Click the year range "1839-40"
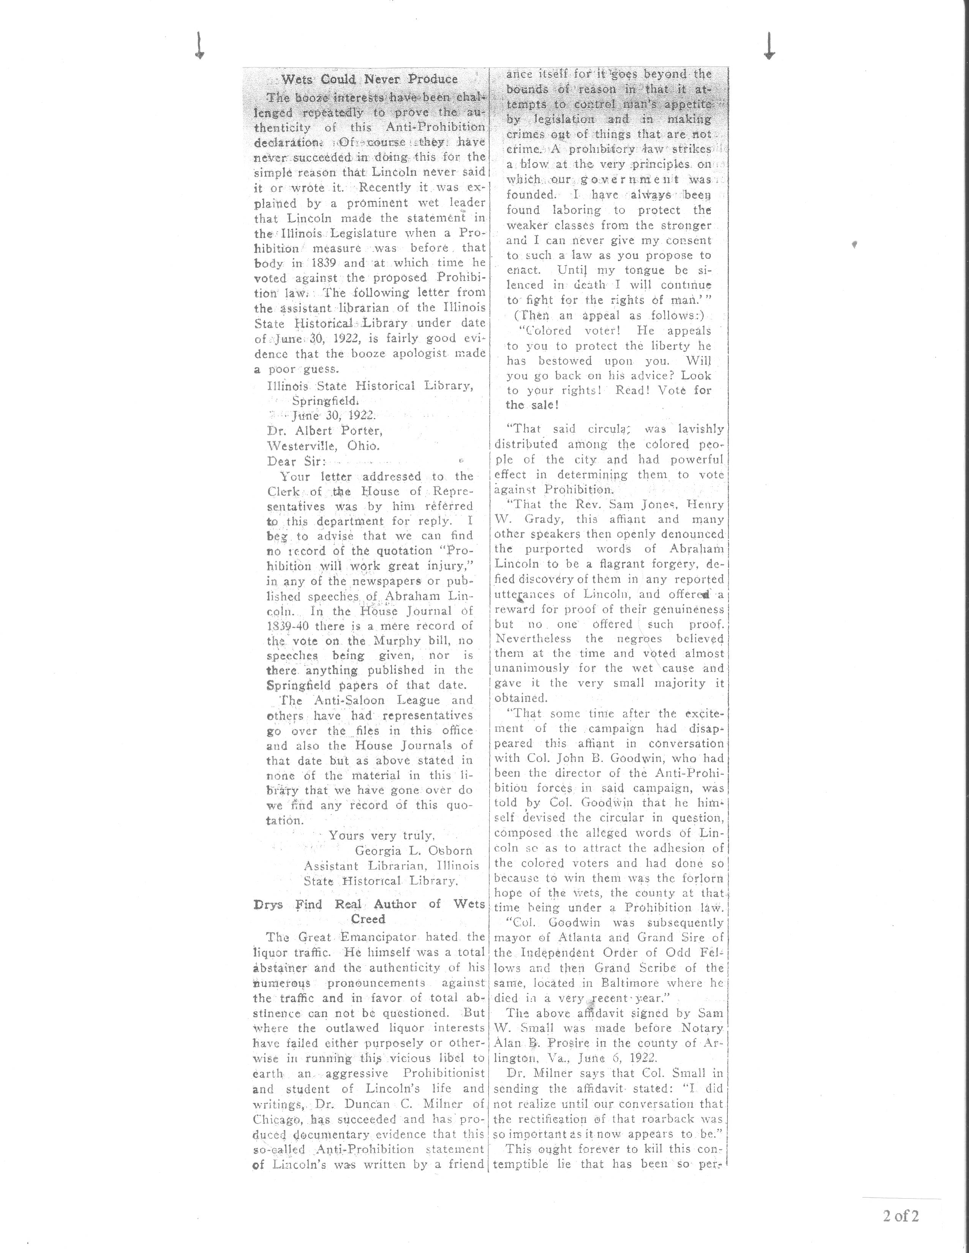tap(289, 625)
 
